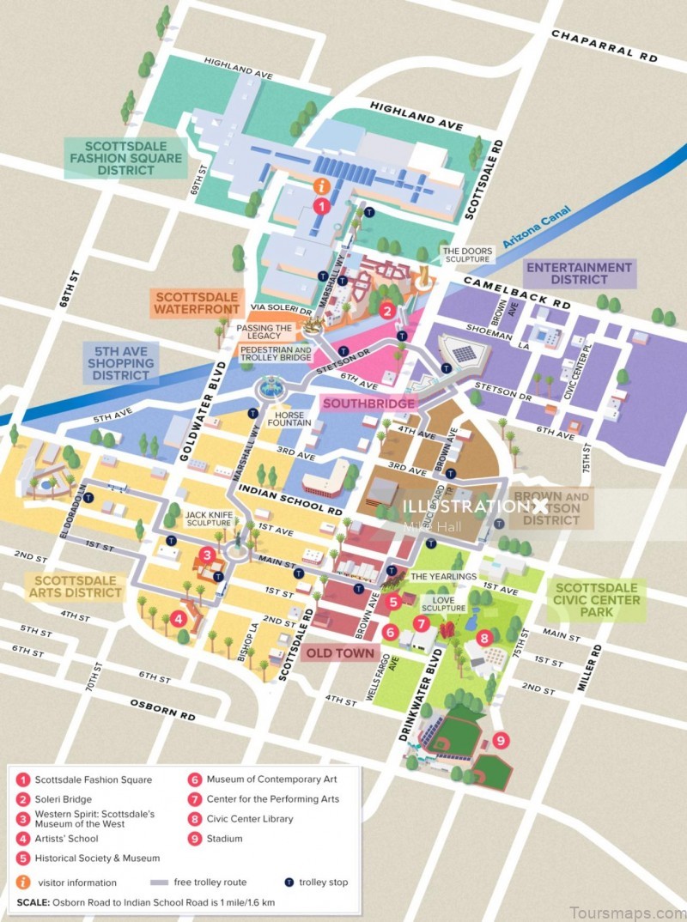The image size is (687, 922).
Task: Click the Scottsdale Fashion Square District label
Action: coord(126,158)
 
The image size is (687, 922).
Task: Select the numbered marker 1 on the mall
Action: coord(320,206)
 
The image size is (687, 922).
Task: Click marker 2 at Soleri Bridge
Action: coord(387,312)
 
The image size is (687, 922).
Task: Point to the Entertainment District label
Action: coord(579,274)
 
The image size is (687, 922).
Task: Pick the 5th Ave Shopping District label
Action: coord(121,363)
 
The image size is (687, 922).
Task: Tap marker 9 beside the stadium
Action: coord(501,739)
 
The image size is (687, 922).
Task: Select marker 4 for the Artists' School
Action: coord(178,617)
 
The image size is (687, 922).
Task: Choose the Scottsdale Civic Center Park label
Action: coord(597,600)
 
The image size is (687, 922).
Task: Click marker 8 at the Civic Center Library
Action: coord(484,638)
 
